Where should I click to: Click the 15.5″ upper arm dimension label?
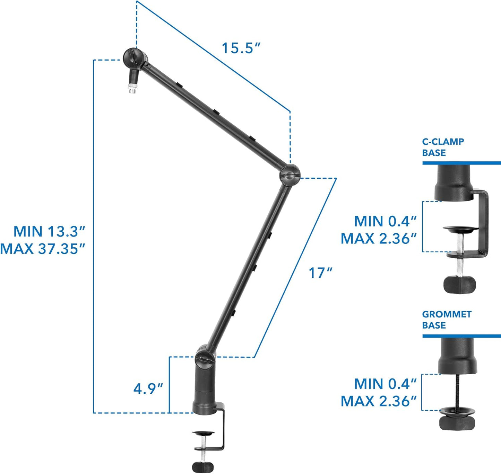point(241,48)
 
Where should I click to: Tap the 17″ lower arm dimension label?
point(320,273)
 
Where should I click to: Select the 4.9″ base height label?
point(148,388)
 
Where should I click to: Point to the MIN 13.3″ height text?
point(49,231)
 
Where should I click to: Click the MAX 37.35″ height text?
point(42,249)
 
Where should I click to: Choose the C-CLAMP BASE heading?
point(443,147)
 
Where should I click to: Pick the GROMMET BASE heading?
point(447,320)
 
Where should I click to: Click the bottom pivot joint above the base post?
point(205,357)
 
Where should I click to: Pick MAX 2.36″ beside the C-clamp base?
point(378,239)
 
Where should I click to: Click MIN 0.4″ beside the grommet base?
point(385,384)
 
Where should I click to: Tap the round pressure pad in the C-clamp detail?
point(460,229)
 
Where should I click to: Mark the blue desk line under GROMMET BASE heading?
point(461,336)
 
